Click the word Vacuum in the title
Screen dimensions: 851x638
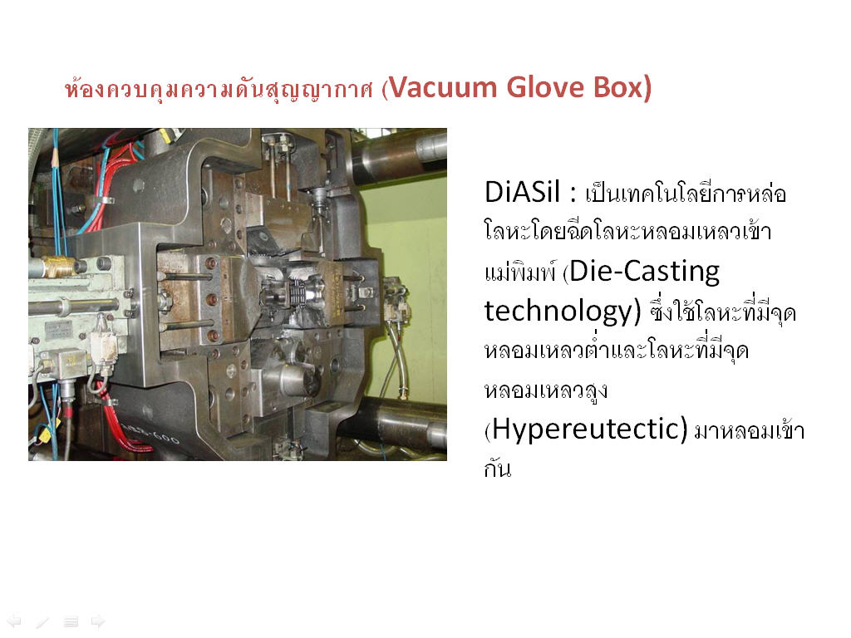point(444,87)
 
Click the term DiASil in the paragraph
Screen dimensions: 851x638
point(522,192)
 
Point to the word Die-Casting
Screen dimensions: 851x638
point(645,271)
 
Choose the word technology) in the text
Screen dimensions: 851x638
point(563,311)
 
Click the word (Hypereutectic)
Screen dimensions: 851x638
point(586,429)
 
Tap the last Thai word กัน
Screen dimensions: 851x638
point(497,468)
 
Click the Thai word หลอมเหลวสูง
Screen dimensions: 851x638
point(545,390)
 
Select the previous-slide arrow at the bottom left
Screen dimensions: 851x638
point(14,621)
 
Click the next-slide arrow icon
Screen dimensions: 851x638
point(98,621)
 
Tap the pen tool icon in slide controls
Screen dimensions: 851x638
point(42,621)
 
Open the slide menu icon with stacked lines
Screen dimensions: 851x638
point(71,621)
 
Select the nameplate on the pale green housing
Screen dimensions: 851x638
point(58,330)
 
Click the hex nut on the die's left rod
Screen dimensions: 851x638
point(164,299)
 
